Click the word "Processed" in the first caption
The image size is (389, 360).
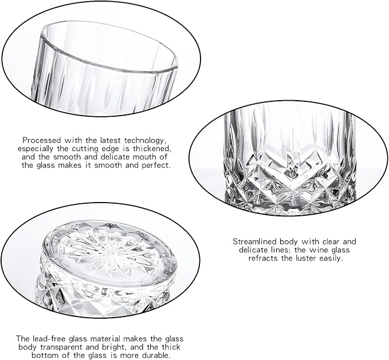[42, 140]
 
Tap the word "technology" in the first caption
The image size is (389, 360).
[144, 140]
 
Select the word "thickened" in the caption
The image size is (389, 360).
[152, 149]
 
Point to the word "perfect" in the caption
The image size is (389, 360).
[156, 165]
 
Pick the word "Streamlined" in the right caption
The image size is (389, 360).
[254, 242]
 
